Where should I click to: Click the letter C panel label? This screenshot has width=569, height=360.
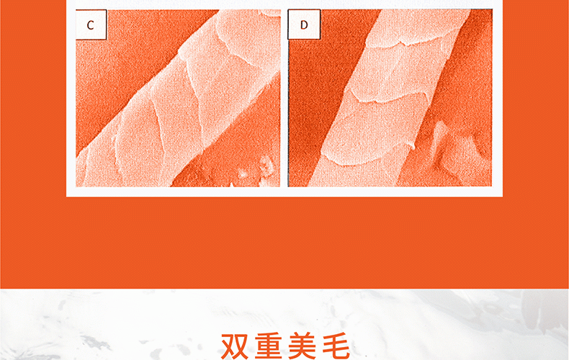[x=90, y=25]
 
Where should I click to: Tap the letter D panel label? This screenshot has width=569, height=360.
[x=304, y=24]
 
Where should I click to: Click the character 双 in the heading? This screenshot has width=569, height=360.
[x=234, y=346]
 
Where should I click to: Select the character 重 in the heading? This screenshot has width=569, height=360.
[x=268, y=346]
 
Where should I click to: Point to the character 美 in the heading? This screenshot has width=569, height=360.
[x=303, y=346]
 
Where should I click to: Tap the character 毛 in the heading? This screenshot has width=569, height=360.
[x=336, y=346]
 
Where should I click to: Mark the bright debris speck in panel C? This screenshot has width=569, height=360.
[x=266, y=165]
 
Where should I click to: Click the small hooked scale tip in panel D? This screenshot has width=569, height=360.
[x=413, y=147]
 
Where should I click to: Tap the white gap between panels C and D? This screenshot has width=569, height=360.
[x=284, y=98]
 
